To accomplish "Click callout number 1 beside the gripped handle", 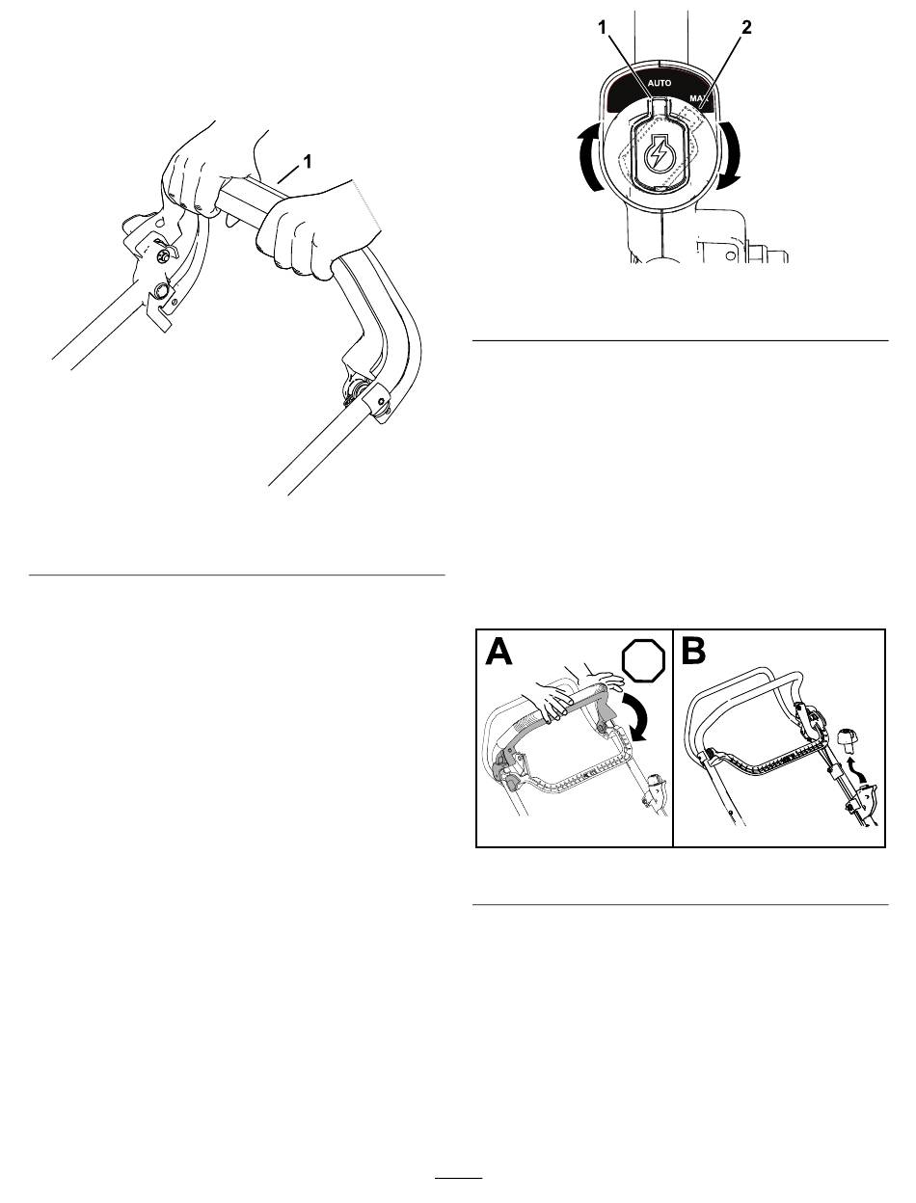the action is [x=308, y=162].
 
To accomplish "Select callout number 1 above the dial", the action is [x=602, y=27].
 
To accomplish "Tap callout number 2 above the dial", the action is [x=746, y=27].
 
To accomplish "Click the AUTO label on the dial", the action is [x=659, y=83].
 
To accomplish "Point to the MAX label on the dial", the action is [x=698, y=98].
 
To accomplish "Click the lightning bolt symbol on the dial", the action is [x=659, y=155].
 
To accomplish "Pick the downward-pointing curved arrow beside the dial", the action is [x=730, y=155].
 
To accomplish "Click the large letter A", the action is [x=498, y=653].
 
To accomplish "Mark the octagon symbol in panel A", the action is [x=643, y=660].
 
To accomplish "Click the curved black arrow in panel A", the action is [x=635, y=717].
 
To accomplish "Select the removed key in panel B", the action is [x=847, y=737].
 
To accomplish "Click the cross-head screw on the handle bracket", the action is [x=162, y=256].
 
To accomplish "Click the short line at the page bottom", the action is [x=459, y=1177].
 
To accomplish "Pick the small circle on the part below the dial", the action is [x=730, y=255].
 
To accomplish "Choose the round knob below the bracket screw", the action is [x=162, y=289].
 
